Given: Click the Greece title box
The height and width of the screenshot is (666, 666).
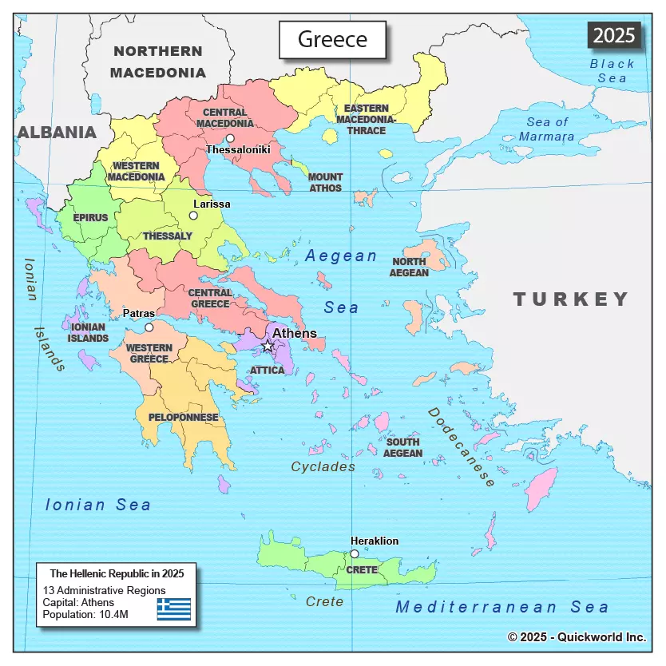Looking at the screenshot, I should (332, 39).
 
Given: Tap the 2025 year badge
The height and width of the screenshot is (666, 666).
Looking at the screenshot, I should (614, 34).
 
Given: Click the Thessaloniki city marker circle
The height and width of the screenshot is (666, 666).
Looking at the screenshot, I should (230, 138).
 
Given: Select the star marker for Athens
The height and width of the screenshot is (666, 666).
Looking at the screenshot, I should (268, 346).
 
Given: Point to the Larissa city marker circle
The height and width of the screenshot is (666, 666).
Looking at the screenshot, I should (193, 215).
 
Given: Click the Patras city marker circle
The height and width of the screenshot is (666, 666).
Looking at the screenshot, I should (149, 327).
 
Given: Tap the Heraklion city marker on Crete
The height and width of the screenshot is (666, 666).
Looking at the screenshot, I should (355, 553).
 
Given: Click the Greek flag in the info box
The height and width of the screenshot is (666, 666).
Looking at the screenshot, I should (173, 609).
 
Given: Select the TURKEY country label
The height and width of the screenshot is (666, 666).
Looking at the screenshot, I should (571, 299).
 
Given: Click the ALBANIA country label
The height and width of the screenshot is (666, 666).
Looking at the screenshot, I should (57, 133).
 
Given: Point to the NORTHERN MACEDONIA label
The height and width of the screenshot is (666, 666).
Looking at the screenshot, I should (158, 61).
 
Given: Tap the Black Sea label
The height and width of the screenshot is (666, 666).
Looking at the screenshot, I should (612, 70).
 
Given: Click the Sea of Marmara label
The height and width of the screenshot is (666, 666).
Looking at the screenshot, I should (547, 129).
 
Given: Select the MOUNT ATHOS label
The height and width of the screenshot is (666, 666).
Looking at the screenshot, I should (325, 182).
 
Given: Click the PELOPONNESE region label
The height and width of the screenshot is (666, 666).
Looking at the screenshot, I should (183, 418).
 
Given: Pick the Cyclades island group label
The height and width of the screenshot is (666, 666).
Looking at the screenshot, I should (323, 466).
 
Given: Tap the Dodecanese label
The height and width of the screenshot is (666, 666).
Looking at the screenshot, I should (462, 446).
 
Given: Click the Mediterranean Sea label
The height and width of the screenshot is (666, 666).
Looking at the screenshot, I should (502, 607).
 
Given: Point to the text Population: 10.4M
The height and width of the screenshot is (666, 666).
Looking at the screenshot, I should (85, 614).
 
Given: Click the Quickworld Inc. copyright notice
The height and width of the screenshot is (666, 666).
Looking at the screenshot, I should (577, 636).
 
